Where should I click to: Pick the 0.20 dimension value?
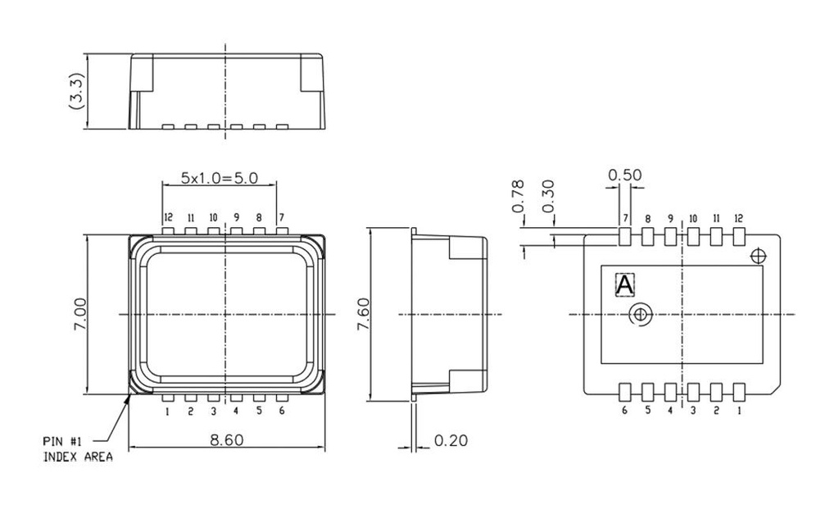click(450, 441)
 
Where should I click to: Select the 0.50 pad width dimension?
click(624, 175)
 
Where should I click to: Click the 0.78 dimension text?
click(519, 197)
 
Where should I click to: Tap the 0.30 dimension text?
click(549, 197)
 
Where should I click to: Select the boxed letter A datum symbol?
click(624, 284)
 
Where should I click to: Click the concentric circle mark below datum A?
click(640, 314)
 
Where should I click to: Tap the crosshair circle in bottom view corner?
click(759, 256)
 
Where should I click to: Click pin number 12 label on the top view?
click(167, 218)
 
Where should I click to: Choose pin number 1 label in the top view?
click(167, 411)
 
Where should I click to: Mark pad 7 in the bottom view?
click(624, 237)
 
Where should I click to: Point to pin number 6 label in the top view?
click(281, 411)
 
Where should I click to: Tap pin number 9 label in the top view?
click(236, 218)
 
